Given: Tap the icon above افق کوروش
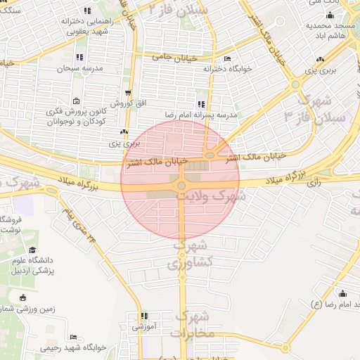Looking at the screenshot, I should coord(127,93).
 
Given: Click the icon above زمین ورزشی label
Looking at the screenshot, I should coord(25,297).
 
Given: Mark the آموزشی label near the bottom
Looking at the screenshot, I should coord(144,327).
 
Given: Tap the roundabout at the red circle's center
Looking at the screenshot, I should coord(181,186).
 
